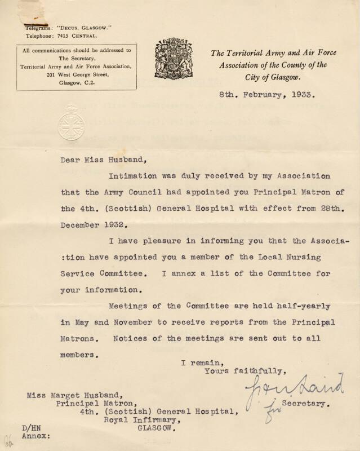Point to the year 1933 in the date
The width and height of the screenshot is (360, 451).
[308, 96]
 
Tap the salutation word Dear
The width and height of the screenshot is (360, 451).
[72, 160]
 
